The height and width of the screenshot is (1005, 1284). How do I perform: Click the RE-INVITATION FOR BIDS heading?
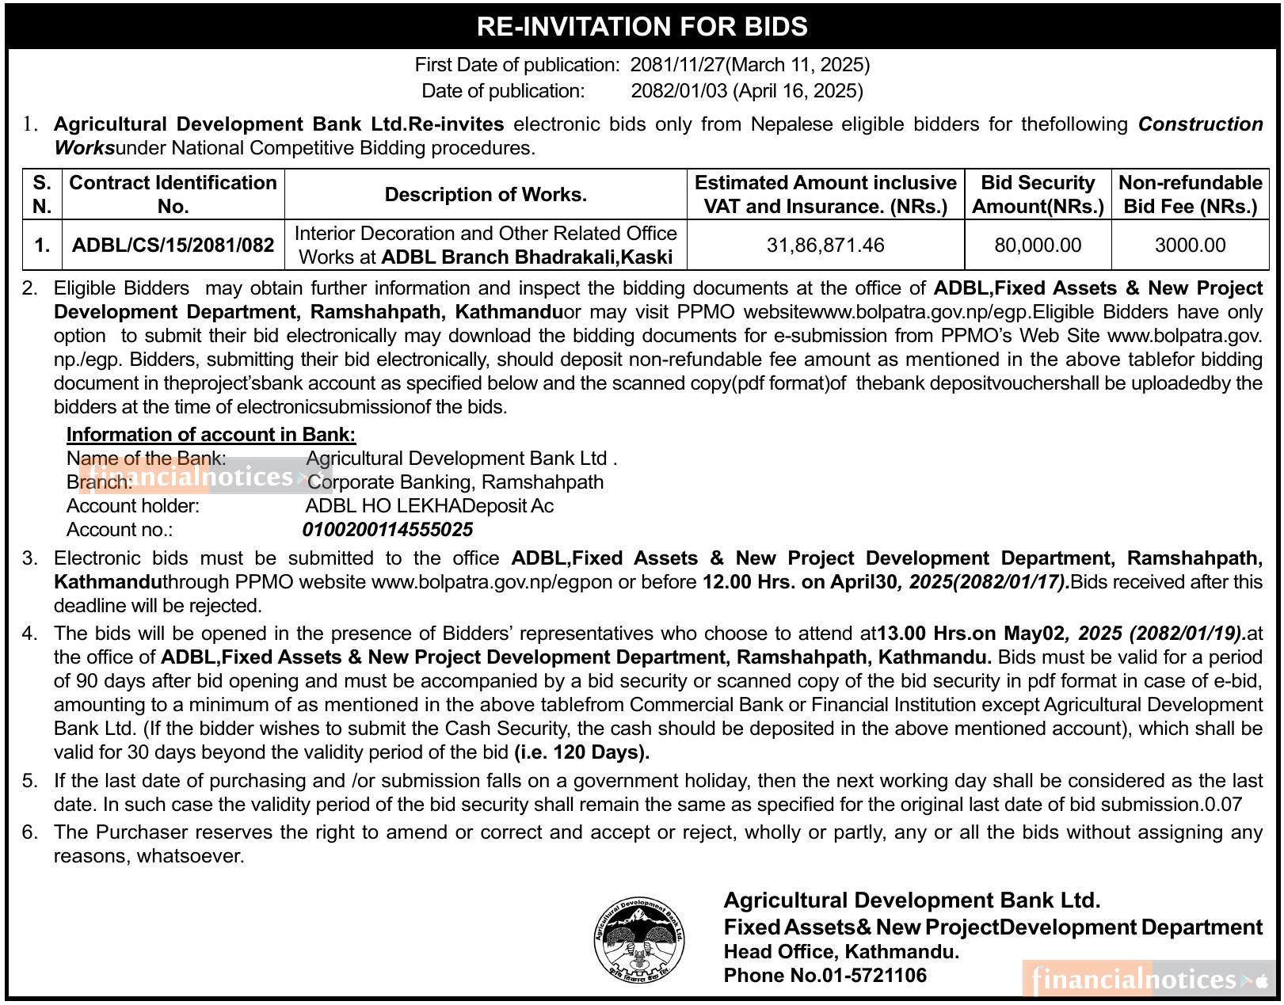642,27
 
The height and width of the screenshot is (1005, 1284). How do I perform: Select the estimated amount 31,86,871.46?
825,246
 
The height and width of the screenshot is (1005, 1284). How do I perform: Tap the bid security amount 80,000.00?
1038,246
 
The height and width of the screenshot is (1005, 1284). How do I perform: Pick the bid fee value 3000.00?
1190,246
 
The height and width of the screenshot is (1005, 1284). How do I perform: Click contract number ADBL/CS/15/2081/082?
173,246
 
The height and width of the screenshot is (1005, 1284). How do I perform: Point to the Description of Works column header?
486,195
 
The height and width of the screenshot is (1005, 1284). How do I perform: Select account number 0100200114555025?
388,530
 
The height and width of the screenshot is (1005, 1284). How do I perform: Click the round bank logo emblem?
639,940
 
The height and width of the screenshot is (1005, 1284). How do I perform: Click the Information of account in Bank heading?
211,435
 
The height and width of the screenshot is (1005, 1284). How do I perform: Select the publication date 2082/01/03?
679,91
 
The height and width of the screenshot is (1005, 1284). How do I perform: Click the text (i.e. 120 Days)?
581,752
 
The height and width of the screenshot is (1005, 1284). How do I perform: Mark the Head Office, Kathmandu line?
841,952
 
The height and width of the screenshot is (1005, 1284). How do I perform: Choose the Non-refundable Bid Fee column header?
1190,195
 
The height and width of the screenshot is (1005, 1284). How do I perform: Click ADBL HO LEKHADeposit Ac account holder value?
429,506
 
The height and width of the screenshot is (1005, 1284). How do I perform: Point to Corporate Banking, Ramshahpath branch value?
455,482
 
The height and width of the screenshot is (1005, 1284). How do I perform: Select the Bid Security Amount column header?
1038,195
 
